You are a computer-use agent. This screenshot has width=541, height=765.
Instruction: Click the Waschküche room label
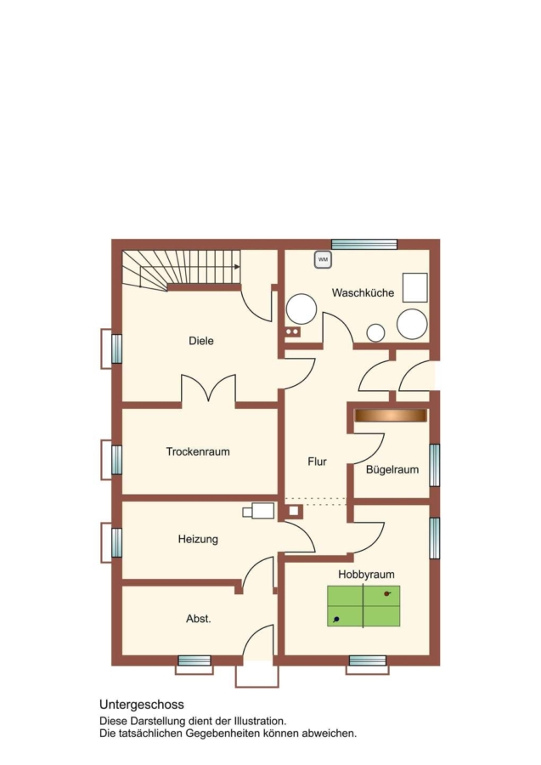pyautogui.click(x=363, y=292)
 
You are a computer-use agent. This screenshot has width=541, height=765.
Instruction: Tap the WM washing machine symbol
pyautogui.click(x=323, y=259)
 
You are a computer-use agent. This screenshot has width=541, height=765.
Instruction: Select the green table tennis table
pyautogui.click(x=363, y=606)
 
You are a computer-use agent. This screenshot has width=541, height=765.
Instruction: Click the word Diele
pyautogui.click(x=201, y=341)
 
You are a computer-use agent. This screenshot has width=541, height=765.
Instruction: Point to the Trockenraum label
pyautogui.click(x=198, y=451)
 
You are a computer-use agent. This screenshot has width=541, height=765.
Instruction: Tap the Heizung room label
pyautogui.click(x=198, y=539)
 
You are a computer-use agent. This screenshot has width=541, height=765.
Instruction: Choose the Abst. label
pyautogui.click(x=199, y=619)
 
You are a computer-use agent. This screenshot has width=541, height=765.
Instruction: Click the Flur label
pyautogui.click(x=317, y=462)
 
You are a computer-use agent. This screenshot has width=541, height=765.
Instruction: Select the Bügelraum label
pyautogui.click(x=392, y=470)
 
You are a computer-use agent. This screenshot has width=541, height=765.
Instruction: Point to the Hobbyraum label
pyautogui.click(x=366, y=575)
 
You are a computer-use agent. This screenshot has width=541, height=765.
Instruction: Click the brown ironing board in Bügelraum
pyautogui.click(x=391, y=415)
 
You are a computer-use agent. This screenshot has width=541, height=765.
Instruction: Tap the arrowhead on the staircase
pyautogui.click(x=237, y=266)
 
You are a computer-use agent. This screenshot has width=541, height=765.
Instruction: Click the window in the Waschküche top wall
pyautogui.click(x=364, y=244)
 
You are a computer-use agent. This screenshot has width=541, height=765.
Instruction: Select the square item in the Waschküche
pyautogui.click(x=414, y=287)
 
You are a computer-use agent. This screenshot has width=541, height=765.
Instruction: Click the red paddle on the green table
pyautogui.click(x=387, y=594)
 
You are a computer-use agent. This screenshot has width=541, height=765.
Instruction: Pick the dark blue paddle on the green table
pyautogui.click(x=336, y=620)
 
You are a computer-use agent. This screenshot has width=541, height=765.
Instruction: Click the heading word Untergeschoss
pyautogui.click(x=142, y=705)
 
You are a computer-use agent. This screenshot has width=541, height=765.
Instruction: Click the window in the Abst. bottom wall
pyautogui.click(x=194, y=660)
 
